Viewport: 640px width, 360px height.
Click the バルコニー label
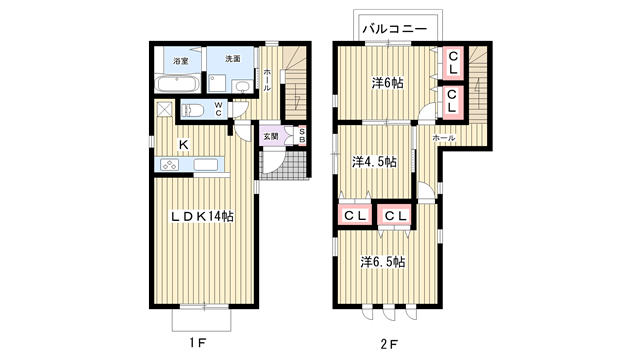point(394,29)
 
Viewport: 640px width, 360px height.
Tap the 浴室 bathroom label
point(180,61)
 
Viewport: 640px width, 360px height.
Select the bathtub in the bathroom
point(177,84)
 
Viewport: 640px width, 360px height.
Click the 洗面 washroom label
point(233,58)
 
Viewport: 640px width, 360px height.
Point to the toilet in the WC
point(195,110)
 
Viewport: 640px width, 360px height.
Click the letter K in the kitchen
point(184,144)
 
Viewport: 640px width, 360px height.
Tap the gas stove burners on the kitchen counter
point(169,164)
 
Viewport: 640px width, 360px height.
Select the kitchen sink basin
point(205,164)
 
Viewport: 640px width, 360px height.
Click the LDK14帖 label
point(202,216)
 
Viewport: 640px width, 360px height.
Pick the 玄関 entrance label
point(270,136)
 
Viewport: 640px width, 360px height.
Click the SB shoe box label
point(302,136)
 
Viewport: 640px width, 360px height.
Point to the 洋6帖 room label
point(387,83)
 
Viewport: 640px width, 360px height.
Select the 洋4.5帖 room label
point(374,162)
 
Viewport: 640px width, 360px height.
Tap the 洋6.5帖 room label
point(382,262)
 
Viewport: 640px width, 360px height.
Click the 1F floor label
point(198,343)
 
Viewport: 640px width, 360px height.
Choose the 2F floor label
point(389,344)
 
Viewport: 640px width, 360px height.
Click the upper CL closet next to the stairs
point(453,62)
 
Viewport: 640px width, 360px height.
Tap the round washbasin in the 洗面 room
point(243,86)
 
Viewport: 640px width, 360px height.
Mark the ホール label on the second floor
point(444,138)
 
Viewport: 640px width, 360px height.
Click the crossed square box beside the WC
point(164,109)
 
